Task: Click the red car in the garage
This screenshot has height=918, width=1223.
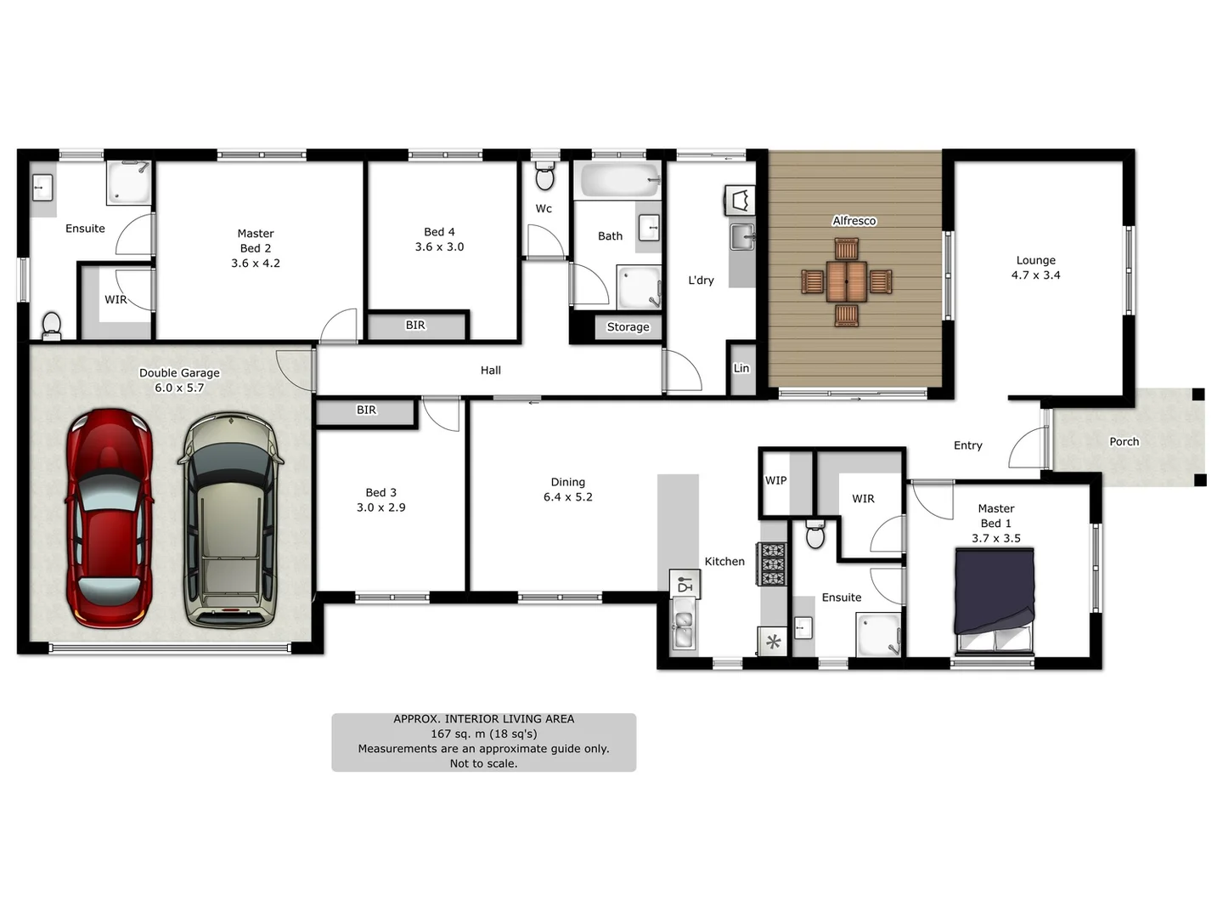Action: [109, 518]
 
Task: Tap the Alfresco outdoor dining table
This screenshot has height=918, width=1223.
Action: [846, 281]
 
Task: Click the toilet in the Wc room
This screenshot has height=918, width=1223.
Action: [544, 177]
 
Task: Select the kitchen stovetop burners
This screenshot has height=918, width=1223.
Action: [772, 564]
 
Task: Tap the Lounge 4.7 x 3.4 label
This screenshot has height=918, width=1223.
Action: [1035, 268]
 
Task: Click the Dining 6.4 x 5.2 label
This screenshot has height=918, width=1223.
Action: [567, 490]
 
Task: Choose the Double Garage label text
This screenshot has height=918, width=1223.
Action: [179, 373]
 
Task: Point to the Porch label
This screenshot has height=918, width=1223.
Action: [1124, 442]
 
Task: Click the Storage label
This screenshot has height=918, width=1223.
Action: [628, 327]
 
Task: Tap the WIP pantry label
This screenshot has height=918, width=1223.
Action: [775, 481]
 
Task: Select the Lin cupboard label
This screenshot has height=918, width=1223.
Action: [741, 369]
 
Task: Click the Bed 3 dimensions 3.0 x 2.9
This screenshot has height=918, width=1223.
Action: [380, 507]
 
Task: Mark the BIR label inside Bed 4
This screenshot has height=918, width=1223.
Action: [415, 326]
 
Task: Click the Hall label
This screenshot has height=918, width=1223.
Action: [490, 371]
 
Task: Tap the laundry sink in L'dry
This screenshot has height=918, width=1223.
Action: [741, 237]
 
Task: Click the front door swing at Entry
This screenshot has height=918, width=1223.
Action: [1028, 448]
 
